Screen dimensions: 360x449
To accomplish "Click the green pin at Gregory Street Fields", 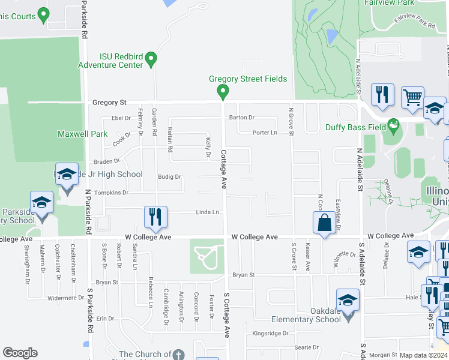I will pos(223,92).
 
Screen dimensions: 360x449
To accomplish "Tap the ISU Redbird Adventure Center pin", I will pos(151,59).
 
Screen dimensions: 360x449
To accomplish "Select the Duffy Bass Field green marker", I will pos(393,127).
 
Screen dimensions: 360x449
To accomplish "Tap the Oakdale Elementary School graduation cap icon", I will pos(348,299).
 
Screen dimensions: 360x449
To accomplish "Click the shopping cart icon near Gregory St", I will pos(412,97).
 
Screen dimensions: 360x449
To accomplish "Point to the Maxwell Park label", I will pos(82,134).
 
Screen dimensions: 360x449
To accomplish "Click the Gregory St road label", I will pos(107,103).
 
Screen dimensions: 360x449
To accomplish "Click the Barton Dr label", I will pos(242,118).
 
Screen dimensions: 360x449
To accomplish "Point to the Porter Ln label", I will pos(265,133).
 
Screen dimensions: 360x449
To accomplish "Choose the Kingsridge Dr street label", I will pos(270,333).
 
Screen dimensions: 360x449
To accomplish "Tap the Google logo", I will pos(20,353).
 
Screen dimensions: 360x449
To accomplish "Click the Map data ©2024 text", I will pos(424,355).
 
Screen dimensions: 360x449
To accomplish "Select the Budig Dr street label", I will pos(169,177).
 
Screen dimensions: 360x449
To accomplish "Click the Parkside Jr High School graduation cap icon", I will pos(67,175).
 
